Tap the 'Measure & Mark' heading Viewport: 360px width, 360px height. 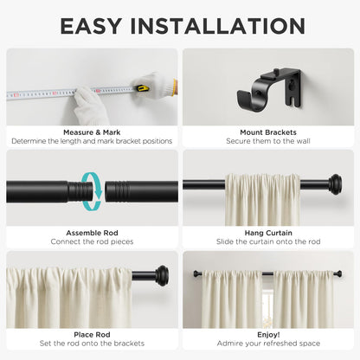92,132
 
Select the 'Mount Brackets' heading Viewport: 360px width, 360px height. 267,132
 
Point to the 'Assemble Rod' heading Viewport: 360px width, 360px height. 92,233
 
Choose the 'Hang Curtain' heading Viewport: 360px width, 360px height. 267,233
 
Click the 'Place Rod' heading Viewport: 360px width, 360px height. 92,334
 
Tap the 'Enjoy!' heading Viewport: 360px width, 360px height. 267,334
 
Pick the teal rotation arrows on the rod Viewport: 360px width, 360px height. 93,190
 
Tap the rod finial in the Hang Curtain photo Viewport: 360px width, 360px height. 334,183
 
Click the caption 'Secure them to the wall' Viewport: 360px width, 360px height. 267,141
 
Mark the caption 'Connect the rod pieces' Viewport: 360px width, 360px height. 92,242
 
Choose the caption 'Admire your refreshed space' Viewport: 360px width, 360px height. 267,344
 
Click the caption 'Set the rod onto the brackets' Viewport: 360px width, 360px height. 92,344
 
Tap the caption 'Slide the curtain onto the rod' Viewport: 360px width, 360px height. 267,242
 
